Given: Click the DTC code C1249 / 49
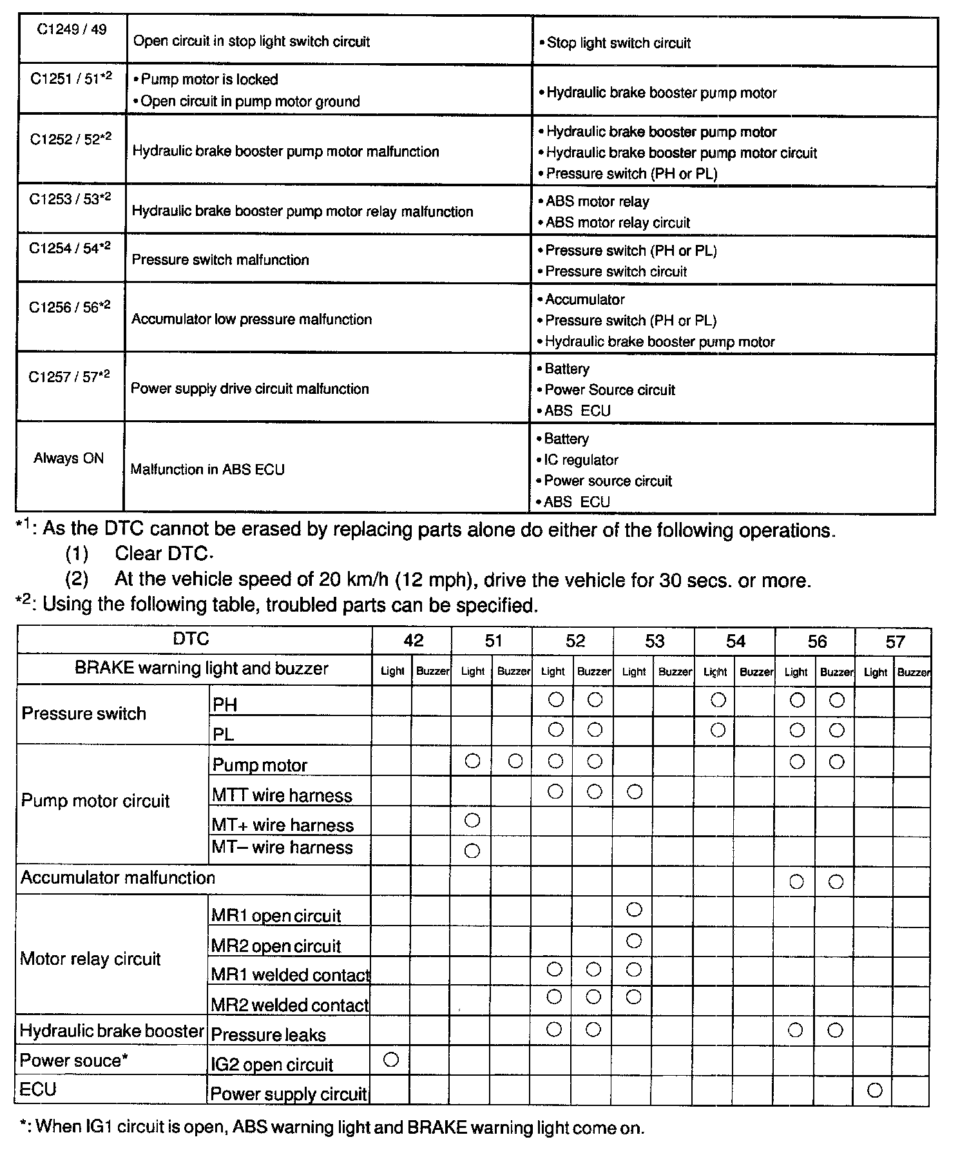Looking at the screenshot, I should pyautogui.click(x=72, y=30).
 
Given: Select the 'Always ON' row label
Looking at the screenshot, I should pyautogui.click(x=69, y=458).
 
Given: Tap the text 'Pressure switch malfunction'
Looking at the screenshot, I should pyautogui.click(x=220, y=260).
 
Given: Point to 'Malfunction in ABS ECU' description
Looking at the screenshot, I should pyautogui.click(x=207, y=469).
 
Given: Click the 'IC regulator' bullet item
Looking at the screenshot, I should pyautogui.click(x=580, y=460).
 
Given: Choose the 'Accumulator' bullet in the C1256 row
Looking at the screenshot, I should pyautogui.click(x=584, y=299).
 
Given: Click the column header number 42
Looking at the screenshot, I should pyautogui.click(x=413, y=640).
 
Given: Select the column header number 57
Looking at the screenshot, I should pyautogui.click(x=895, y=641).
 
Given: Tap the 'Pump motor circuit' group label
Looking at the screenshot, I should pyautogui.click(x=95, y=801).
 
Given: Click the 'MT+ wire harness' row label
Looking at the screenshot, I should pyautogui.click(x=283, y=825).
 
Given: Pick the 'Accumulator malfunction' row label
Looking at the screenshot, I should pyautogui.click(x=118, y=878).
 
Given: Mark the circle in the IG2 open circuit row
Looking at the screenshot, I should pyautogui.click(x=391, y=1060).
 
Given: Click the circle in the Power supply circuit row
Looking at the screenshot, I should pyautogui.click(x=874, y=1090).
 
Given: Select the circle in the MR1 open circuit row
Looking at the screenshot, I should pyautogui.click(x=634, y=909).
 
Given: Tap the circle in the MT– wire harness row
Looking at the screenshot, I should pyautogui.click(x=472, y=851).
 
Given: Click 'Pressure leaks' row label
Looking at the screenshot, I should pyautogui.click(x=269, y=1035).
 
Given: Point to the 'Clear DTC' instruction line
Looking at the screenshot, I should pyautogui.click(x=164, y=554).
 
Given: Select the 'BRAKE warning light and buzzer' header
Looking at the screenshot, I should pyautogui.click(x=202, y=668).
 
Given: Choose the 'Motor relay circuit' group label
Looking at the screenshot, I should pyautogui.click(x=90, y=958).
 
